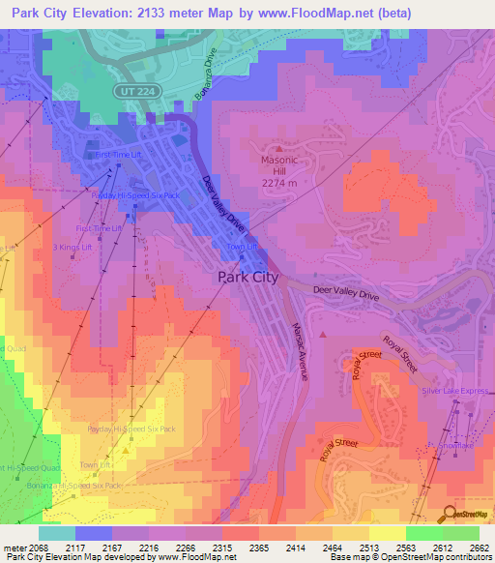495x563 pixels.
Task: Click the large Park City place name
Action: (247, 277)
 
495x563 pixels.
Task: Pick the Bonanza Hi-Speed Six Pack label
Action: (84, 485)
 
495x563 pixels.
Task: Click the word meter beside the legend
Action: (14, 548)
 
